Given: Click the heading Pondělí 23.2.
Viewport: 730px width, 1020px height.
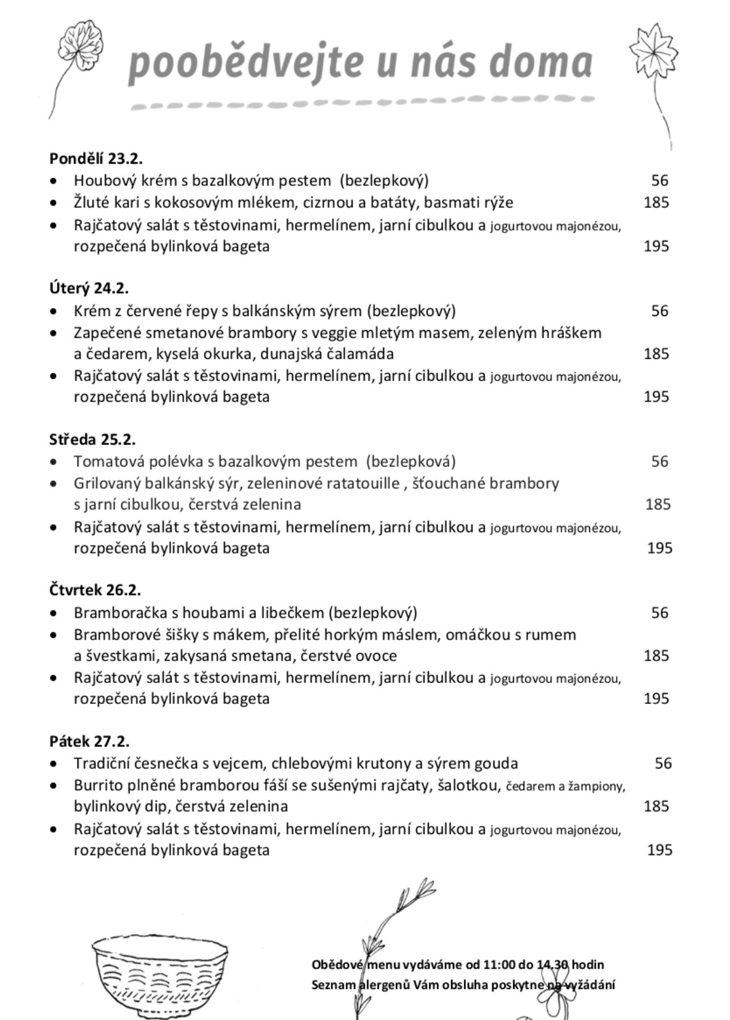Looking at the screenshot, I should pos(96,158).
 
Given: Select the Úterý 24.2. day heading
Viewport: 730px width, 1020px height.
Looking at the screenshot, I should pos(89,288).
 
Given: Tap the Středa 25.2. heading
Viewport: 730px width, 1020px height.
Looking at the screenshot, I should pos(92,439).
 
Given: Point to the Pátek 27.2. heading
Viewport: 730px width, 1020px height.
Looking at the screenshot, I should pos(89,741).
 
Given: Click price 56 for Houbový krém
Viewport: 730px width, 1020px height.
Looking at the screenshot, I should pos(659,180).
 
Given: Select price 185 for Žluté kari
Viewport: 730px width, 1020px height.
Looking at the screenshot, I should pos(656,202).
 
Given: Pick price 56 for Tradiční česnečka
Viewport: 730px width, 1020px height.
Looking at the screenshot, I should pos(662,763).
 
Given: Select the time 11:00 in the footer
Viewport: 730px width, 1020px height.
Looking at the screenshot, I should pos(499,965).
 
